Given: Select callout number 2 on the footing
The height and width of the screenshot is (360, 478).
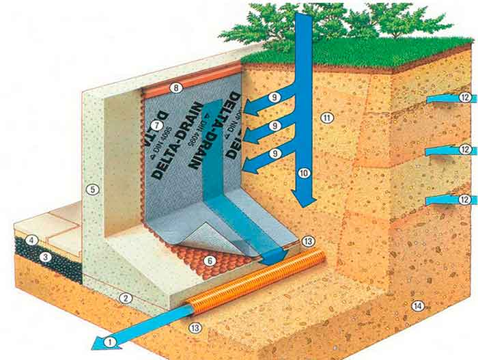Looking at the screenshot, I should [x=124, y=298].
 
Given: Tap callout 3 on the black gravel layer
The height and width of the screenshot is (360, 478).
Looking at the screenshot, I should [x=45, y=257].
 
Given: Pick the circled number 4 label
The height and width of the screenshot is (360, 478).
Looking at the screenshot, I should [x=31, y=240].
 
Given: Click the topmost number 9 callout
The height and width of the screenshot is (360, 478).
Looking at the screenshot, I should [x=274, y=98].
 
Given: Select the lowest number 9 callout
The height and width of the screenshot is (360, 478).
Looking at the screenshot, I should [x=274, y=154].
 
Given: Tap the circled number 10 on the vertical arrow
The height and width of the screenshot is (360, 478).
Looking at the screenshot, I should [x=304, y=173].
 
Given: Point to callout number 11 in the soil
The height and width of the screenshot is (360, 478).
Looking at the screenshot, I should [x=327, y=117].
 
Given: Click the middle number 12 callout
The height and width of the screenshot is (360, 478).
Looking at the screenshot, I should [x=465, y=150].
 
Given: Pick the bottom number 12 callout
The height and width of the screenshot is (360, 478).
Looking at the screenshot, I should [x=465, y=199].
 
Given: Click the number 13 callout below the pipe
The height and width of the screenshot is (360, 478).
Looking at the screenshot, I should [x=195, y=329].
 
